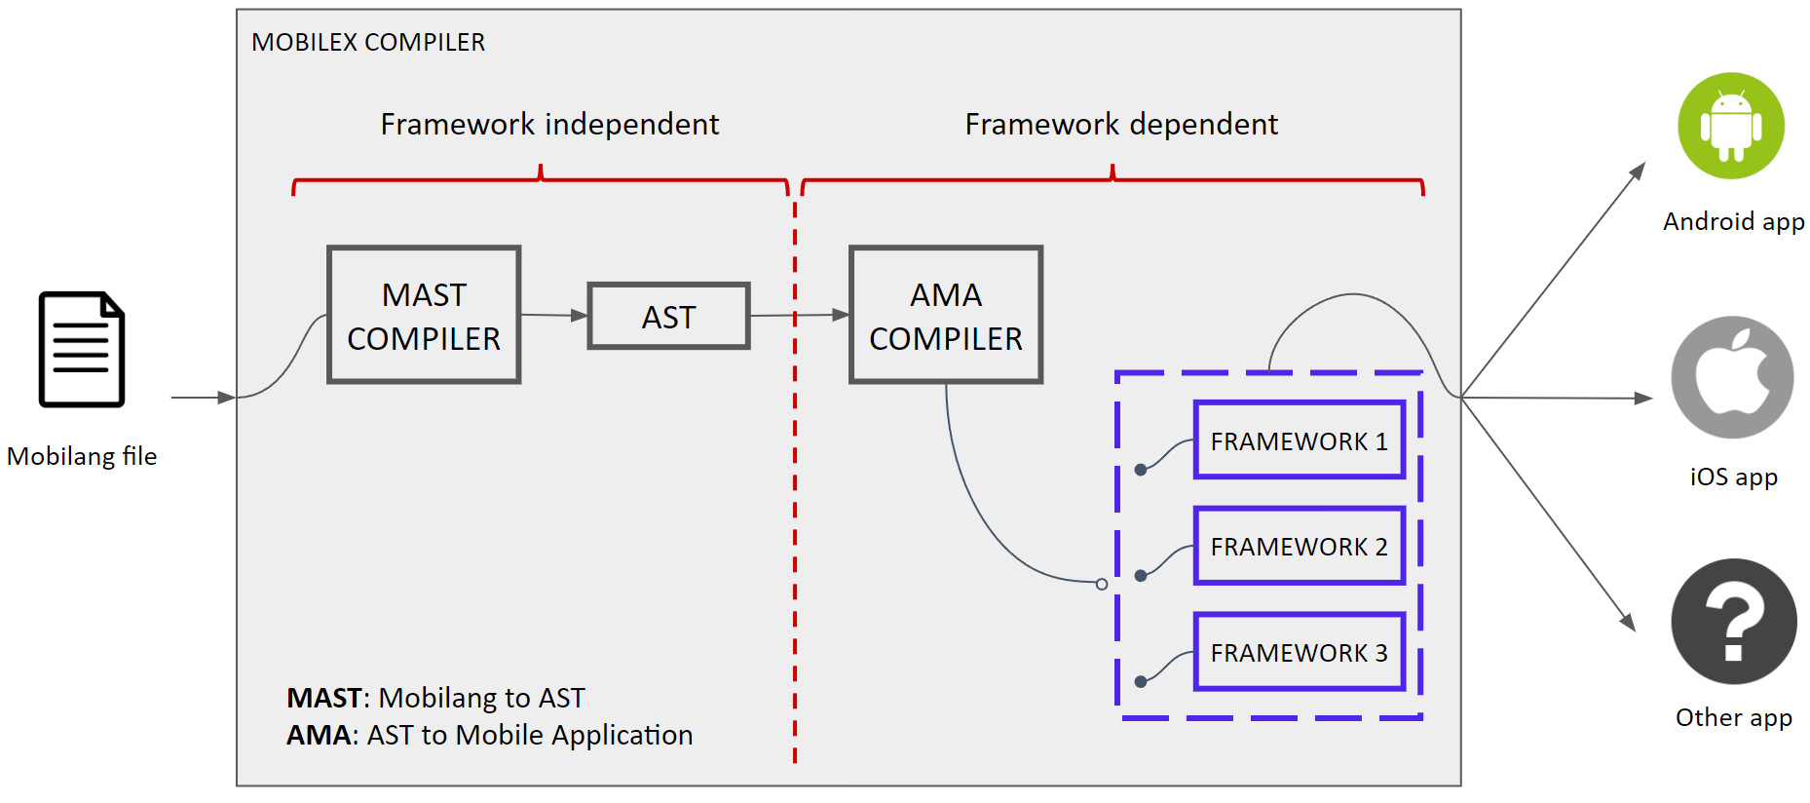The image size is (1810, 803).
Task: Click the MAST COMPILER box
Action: (x=424, y=315)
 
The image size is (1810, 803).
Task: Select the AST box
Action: (x=668, y=316)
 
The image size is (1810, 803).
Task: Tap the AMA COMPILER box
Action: (x=946, y=315)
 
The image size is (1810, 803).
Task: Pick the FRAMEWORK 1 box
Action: (x=1300, y=440)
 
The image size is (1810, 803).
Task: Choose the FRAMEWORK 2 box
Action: (x=1300, y=546)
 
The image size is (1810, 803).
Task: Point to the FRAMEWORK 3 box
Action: (x=1300, y=652)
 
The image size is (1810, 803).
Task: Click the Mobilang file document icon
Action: (x=82, y=349)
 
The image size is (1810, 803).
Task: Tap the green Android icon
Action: (x=1731, y=126)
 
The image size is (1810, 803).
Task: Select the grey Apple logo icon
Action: (x=1732, y=377)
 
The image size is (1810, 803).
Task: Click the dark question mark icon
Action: (x=1733, y=622)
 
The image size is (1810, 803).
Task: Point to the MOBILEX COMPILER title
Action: (x=368, y=43)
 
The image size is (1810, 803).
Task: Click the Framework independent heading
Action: (x=549, y=125)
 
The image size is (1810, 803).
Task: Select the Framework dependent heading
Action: (x=1121, y=125)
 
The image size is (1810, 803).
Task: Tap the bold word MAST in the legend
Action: (x=323, y=698)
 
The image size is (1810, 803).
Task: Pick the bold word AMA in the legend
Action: (x=318, y=735)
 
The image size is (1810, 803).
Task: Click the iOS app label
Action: (x=1733, y=477)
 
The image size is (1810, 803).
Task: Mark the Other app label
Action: (x=1733, y=717)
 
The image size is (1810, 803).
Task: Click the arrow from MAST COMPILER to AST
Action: (x=554, y=315)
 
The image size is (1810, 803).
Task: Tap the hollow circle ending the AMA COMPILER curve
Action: (x=1102, y=584)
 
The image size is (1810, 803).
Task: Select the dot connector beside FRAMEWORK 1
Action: (x=1141, y=470)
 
